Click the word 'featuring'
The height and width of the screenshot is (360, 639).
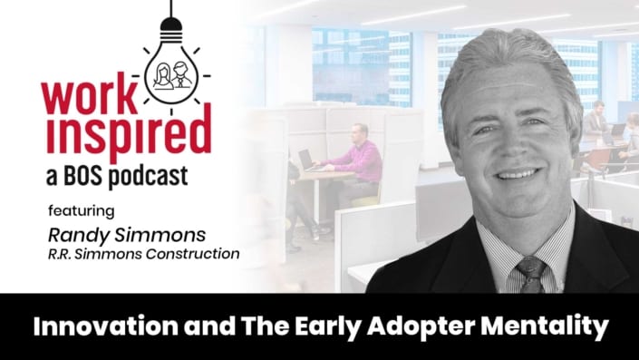[x=82, y=212]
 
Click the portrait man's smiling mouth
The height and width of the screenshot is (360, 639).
[x=516, y=173]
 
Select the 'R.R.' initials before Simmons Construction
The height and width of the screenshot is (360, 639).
[x=61, y=254]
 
